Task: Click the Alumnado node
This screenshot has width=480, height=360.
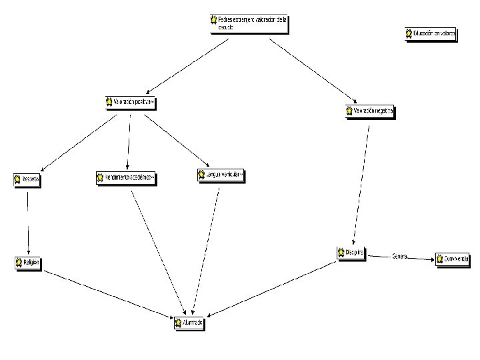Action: coord(187,323)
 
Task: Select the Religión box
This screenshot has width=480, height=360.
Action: coord(28,263)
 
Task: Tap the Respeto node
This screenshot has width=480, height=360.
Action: coord(27,180)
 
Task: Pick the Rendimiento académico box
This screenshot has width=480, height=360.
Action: coord(126,178)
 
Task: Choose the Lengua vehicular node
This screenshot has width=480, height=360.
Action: coord(221,175)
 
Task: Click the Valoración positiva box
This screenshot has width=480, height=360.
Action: coord(130,103)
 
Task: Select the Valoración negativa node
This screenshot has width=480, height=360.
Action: coord(371,111)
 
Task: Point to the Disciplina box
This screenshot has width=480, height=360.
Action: coord(351,253)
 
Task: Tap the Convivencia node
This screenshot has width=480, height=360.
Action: coord(453,259)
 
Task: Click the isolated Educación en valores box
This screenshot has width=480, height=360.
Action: coord(431,33)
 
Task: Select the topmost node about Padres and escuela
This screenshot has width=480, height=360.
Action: coord(247,23)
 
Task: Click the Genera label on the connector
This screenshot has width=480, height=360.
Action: coord(400,256)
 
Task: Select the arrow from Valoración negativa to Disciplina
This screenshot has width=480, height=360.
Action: coord(363,180)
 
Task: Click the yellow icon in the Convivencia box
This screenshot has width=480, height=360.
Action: coord(441,259)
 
